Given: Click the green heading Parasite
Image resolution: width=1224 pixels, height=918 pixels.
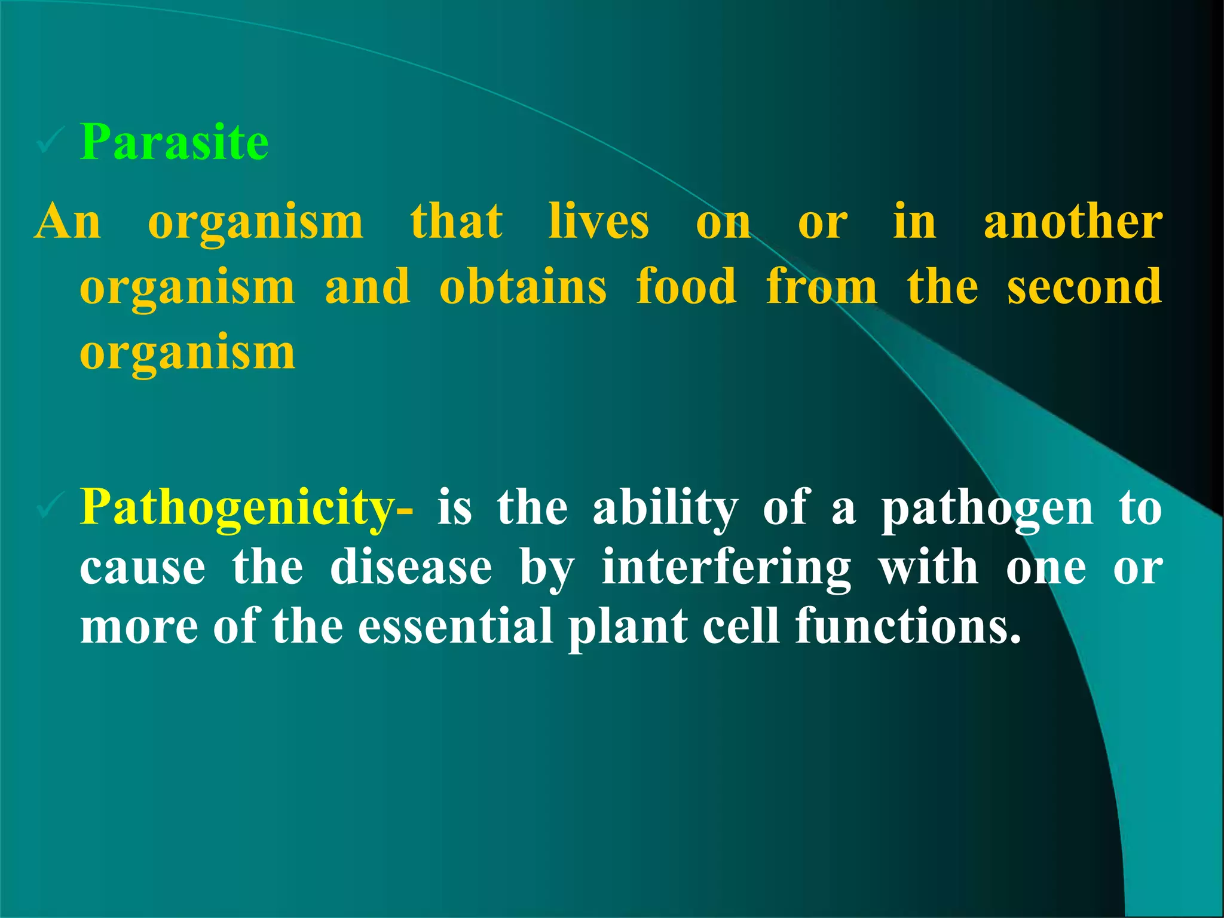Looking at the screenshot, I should tap(174, 142).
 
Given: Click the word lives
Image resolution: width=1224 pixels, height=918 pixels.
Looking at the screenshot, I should tap(598, 222).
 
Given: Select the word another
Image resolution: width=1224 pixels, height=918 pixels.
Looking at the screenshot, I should tap(1073, 222).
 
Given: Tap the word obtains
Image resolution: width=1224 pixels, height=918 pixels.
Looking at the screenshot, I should tap(522, 287).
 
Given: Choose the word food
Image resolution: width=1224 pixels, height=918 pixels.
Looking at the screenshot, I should tap(686, 286).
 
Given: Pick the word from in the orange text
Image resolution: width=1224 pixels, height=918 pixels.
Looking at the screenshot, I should tap(822, 287).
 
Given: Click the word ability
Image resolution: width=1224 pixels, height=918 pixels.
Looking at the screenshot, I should tap(665, 508).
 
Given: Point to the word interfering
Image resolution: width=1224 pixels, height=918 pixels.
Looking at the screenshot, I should tap(726, 568).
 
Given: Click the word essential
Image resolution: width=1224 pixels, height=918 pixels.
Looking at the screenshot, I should tap(455, 626).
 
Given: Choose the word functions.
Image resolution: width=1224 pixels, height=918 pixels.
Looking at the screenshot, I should tap(908, 626).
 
